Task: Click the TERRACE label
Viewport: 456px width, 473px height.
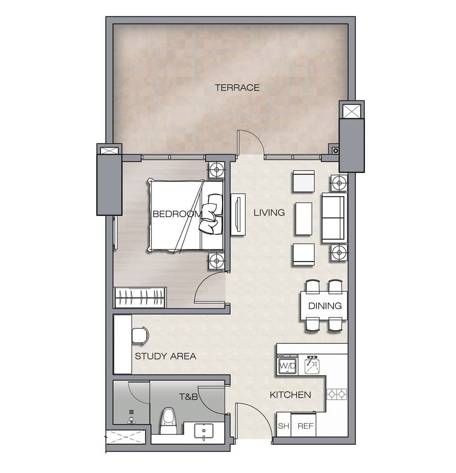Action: pos(237,88)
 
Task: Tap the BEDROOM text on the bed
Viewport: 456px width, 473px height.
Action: pos(177,214)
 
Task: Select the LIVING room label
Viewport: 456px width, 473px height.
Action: pos(269,213)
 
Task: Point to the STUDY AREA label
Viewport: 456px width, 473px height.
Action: pos(166,356)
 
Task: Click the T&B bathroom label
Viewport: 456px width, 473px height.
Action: pos(188,396)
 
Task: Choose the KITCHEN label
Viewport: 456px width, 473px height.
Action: pos(290,395)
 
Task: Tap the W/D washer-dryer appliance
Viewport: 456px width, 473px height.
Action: pos(287,366)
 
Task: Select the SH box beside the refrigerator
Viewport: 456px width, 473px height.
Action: pos(284,426)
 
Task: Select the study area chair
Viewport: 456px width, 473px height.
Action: pos(140,335)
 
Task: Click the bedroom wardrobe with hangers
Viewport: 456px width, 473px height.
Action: pos(140,297)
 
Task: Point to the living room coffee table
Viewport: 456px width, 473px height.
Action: pos(303,218)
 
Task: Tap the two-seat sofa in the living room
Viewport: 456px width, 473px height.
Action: pos(333,218)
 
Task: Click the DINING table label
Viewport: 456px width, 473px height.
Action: pos(325,306)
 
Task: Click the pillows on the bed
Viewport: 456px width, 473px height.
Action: pos(211,214)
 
